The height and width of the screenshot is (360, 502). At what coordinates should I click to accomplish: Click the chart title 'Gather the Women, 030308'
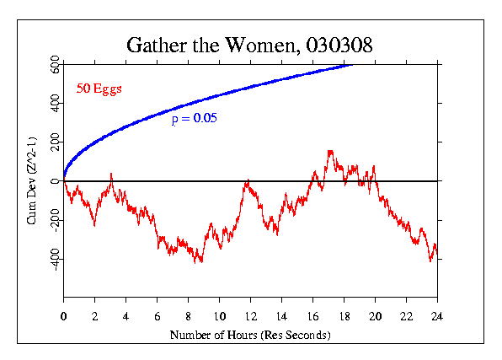click(x=248, y=44)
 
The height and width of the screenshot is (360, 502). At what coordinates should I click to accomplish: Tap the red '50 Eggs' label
click(x=99, y=89)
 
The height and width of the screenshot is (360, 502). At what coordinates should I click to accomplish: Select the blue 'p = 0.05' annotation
click(x=195, y=119)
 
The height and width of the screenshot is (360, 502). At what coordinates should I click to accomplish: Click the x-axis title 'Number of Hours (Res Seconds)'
click(x=250, y=335)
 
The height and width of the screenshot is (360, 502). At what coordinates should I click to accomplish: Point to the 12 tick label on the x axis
click(x=250, y=317)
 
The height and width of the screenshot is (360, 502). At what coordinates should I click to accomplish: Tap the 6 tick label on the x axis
click(x=157, y=317)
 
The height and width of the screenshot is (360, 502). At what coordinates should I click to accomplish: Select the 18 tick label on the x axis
click(x=344, y=317)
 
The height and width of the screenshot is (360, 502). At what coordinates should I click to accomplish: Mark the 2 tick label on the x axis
click(x=94, y=317)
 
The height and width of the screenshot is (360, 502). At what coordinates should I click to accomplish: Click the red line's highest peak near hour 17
click(x=329, y=151)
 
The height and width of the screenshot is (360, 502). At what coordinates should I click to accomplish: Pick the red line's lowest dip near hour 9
click(x=200, y=262)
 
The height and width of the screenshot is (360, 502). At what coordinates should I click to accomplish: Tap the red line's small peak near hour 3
click(x=111, y=174)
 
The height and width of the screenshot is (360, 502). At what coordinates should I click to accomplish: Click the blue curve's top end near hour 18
click(x=350, y=64)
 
